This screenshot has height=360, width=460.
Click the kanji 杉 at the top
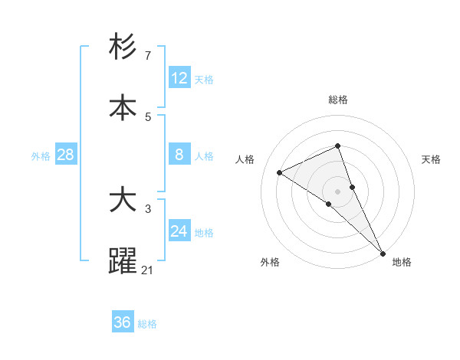tap(123, 47)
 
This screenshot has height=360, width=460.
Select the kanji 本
tap(123, 107)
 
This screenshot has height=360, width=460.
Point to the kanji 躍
tap(123, 260)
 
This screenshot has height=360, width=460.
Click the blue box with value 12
tap(179, 77)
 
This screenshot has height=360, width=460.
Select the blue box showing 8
tap(179, 155)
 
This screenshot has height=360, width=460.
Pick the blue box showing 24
tap(179, 231)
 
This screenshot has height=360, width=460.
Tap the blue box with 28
tap(66, 155)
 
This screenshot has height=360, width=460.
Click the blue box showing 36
tap(123, 322)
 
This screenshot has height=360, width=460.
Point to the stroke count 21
tap(148, 269)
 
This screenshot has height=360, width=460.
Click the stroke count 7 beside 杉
tap(148, 56)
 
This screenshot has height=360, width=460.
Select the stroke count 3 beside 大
tap(148, 208)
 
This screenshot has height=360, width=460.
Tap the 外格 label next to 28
tap(41, 155)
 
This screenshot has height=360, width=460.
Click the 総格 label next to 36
tap(147, 323)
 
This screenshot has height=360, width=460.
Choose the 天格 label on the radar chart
tap(432, 159)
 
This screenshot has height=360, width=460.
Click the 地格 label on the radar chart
tap(402, 263)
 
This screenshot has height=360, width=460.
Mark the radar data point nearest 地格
tap(383, 252)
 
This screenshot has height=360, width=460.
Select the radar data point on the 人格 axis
tap(280, 172)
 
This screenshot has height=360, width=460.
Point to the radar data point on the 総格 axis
tap(337, 146)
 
